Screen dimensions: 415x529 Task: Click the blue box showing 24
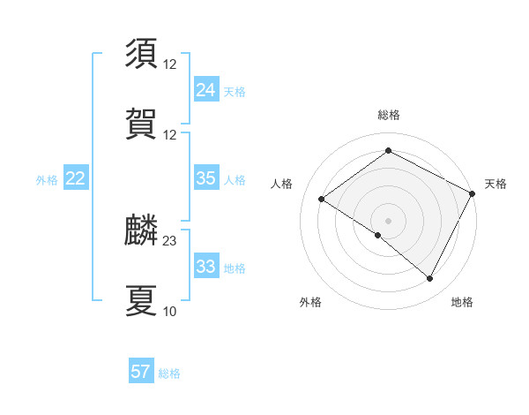click(205, 89)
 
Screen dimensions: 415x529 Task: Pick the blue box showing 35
click(205, 178)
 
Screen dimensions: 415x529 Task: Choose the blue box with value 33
click(205, 267)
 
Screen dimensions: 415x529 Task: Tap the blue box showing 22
click(75, 178)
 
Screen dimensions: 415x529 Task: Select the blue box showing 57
click(141, 372)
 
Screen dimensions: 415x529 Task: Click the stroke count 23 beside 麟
click(170, 240)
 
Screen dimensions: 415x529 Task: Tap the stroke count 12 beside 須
click(170, 64)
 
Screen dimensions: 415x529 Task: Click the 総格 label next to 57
click(169, 373)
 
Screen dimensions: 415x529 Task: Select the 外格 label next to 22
click(47, 180)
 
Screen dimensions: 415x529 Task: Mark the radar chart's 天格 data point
click(473, 195)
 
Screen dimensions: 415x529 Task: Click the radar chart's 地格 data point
click(430, 279)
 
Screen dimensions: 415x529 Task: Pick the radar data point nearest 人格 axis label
click(322, 200)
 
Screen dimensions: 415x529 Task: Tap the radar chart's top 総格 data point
click(388, 151)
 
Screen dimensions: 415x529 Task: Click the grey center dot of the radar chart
click(388, 220)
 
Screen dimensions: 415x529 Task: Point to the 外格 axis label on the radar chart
click(310, 302)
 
